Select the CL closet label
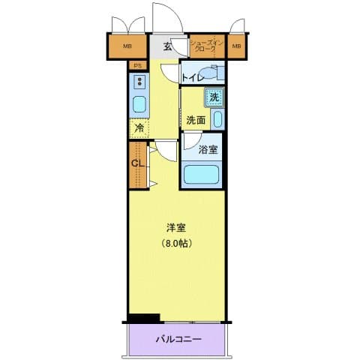(137, 163)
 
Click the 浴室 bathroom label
(209, 149)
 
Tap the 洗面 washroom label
(196, 120)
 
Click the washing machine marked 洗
(214, 97)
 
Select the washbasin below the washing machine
(217, 118)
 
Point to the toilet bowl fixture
(214, 72)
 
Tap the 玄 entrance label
(168, 46)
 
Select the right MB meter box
(237, 47)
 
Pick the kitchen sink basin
(139, 104)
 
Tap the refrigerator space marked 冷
(139, 128)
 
